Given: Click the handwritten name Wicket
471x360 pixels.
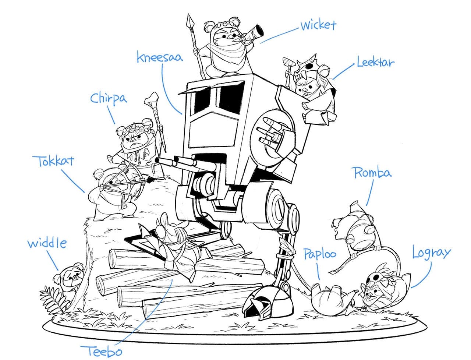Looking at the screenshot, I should coord(318,25).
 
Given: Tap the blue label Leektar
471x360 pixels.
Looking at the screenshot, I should coord(375,63).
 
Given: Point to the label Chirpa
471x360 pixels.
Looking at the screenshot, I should coord(109,99).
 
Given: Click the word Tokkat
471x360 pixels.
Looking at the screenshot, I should coord(54,161).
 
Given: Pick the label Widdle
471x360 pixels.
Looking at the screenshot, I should coord(47,243).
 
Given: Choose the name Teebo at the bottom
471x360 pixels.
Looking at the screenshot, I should coord(101,351).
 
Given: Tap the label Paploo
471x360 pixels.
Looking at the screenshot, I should coord(319,254).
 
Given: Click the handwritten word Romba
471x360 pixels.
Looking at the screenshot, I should coord(372,173).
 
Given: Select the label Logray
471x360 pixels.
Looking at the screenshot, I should coord(431,253).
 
